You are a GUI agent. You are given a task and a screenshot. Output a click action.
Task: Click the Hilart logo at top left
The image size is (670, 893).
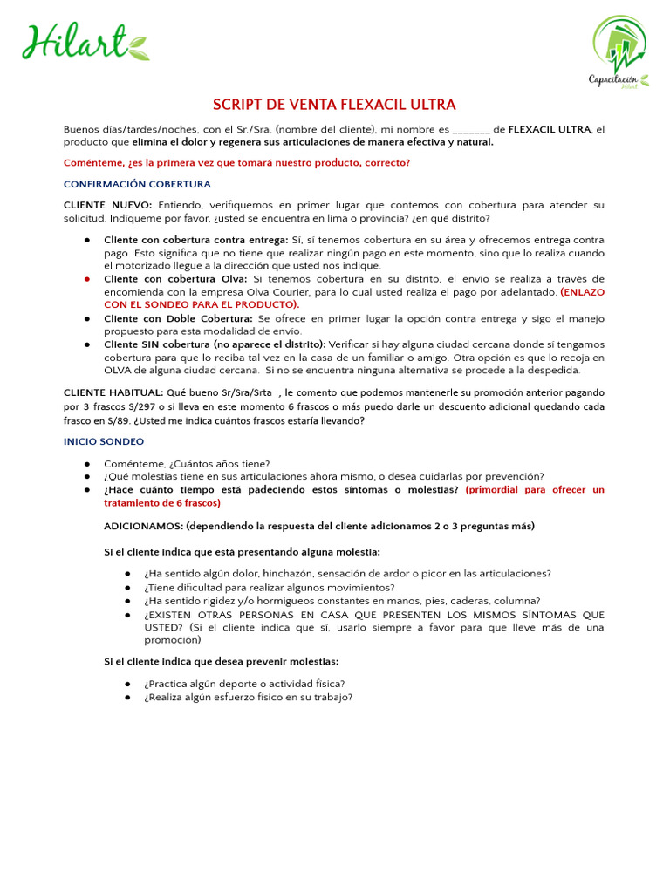pos(85,42)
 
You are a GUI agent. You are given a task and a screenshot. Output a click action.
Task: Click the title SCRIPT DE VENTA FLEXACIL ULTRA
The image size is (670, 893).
pos(335,105)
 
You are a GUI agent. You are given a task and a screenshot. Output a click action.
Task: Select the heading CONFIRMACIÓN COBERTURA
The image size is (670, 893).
pos(137,184)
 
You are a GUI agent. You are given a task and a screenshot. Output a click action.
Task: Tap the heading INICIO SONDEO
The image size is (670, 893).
pos(104,442)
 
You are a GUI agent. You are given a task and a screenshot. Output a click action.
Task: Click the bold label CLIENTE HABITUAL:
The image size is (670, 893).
pos(113,393)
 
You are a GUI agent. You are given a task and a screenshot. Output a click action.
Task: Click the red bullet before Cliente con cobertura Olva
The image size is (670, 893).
pos(88,279)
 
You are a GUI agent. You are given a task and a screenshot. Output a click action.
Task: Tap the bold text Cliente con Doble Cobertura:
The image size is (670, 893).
pos(178,318)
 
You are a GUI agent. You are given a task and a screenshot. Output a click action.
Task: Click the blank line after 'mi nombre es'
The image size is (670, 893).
pos(477,130)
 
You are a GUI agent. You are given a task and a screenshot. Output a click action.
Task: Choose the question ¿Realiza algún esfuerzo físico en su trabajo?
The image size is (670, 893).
pos(249,697)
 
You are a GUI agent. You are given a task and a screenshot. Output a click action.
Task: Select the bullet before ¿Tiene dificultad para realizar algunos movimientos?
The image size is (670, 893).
pos(128,588)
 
